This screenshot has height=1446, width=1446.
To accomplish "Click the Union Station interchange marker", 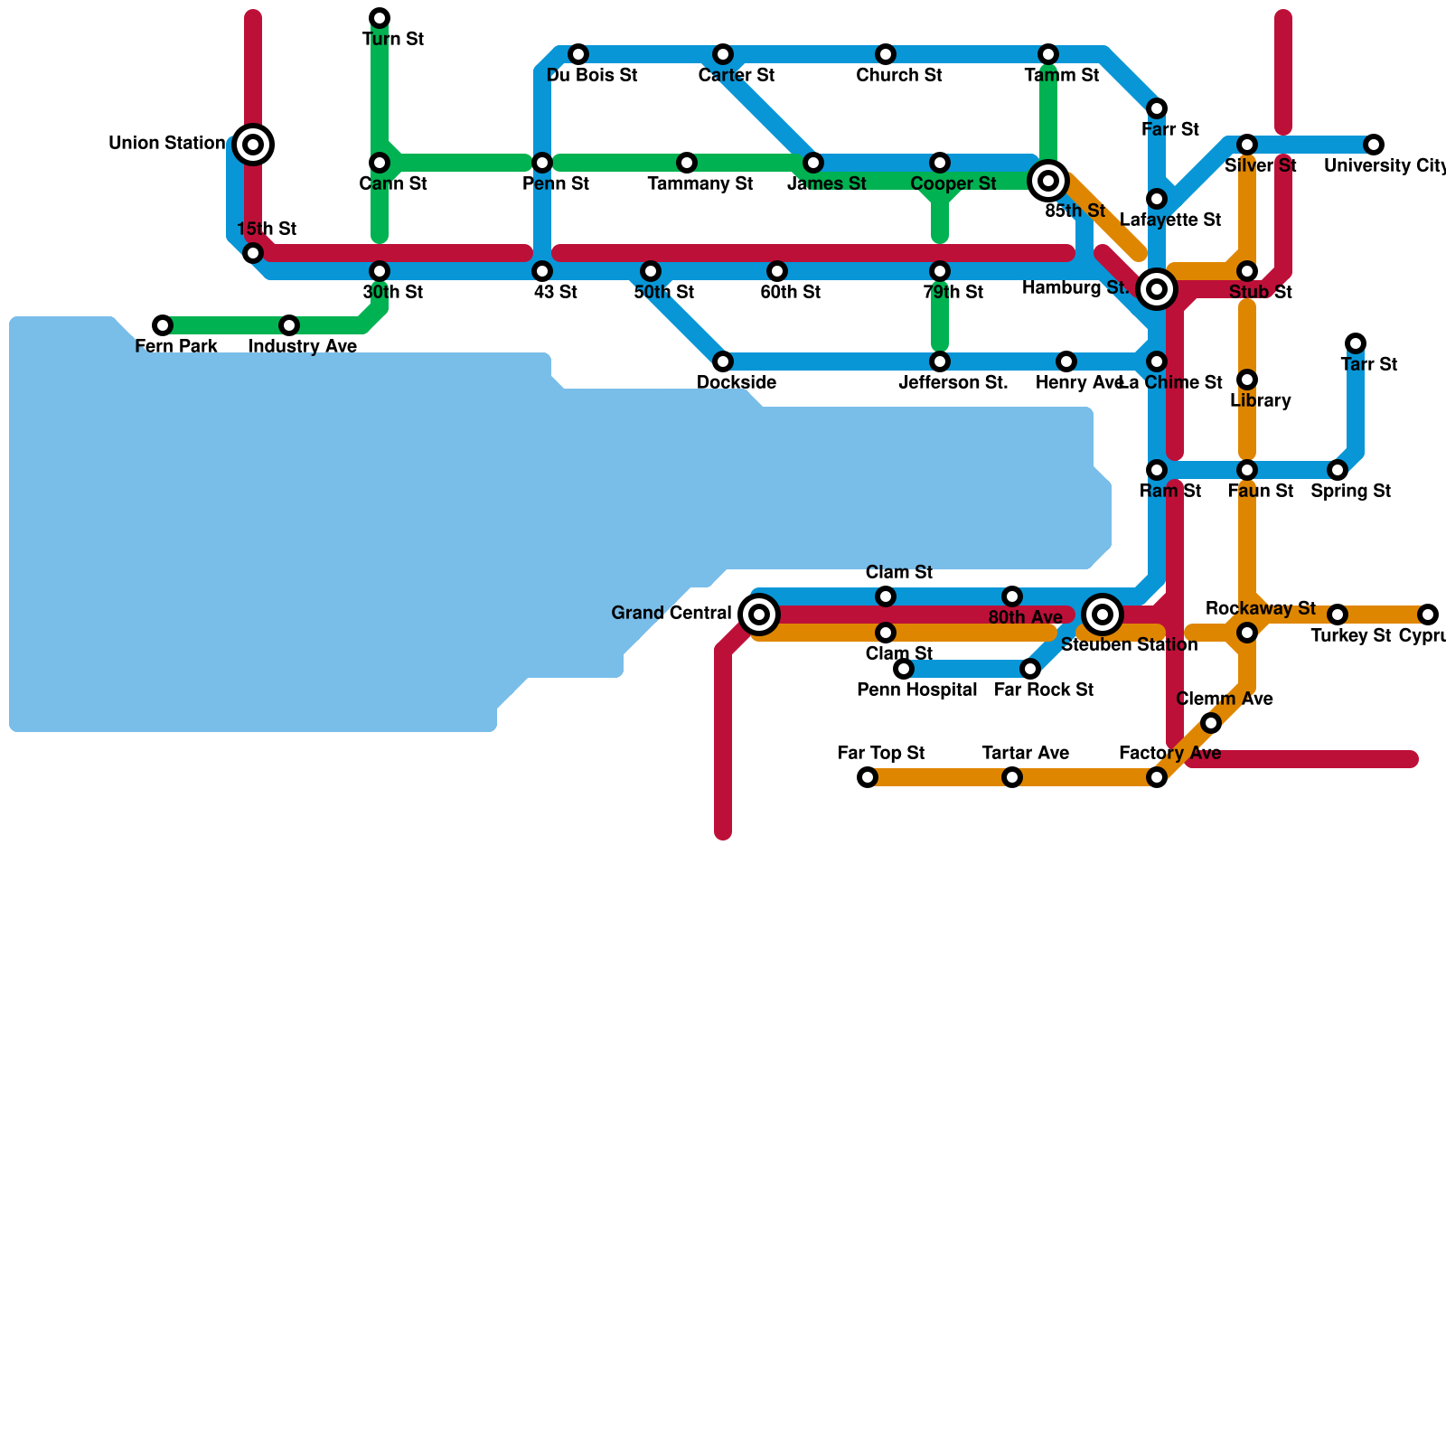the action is pos(254,145).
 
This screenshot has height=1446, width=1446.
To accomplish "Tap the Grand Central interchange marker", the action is pos(760,615).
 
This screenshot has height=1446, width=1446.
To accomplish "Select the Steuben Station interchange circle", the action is pos(1103,615).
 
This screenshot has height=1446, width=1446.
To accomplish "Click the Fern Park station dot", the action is pos(163,325).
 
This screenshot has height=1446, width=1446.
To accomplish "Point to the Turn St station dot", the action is pos(380,18).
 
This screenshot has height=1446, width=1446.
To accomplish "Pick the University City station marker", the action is pos(1374,145).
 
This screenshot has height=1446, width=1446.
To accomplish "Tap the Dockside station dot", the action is pos(723,361).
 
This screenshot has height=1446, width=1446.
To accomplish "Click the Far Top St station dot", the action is pos(868,777).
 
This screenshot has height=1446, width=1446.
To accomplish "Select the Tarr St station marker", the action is pos(1356,343).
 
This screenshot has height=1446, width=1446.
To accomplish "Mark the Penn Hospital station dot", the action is pos(904,669).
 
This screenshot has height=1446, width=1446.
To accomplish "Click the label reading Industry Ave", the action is pos(303,347).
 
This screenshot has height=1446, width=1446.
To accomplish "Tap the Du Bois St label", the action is pos(592,76).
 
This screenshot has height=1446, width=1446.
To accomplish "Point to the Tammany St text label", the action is pos(700,184).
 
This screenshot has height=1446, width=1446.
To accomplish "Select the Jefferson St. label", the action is pos(953,383).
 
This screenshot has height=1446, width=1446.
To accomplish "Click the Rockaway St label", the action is pos(1261,608).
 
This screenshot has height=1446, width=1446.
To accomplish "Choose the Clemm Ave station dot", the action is pos(1211,723).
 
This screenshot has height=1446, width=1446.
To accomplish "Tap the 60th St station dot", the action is pos(777,271).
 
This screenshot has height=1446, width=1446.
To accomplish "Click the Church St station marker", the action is pos(886,54).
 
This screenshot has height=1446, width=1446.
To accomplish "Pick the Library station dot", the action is pos(1247,380).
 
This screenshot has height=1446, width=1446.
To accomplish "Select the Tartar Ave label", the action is pos(1026,754).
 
